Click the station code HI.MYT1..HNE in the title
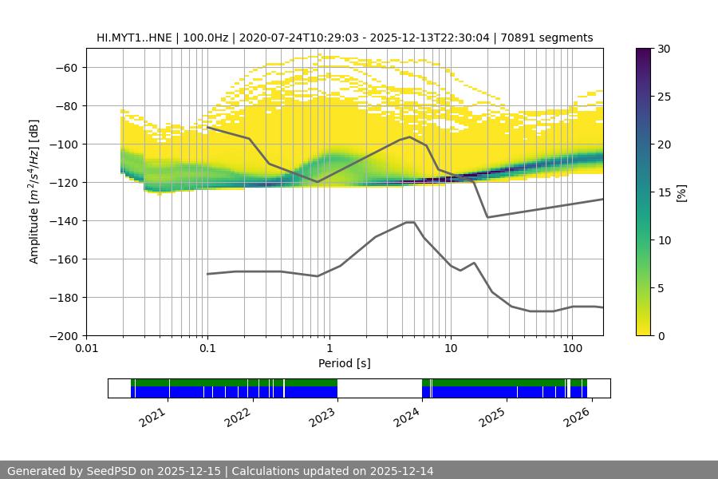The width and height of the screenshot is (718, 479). pyautogui.click(x=132, y=38)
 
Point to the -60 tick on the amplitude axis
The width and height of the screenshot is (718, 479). pyautogui.click(x=66, y=68)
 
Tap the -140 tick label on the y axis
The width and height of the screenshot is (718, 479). pyautogui.click(x=63, y=221)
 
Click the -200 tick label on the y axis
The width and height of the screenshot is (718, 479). pyautogui.click(x=63, y=336)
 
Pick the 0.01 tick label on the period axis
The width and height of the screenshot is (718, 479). pyautogui.click(x=86, y=349)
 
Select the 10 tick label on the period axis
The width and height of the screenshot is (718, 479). pyautogui.click(x=450, y=349)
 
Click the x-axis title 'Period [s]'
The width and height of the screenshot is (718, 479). pyautogui.click(x=345, y=363)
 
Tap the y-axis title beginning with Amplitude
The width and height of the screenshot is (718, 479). pyautogui.click(x=34, y=192)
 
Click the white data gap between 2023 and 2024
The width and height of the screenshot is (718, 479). pyautogui.click(x=380, y=388)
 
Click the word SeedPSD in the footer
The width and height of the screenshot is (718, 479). pyautogui.click(x=111, y=471)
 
